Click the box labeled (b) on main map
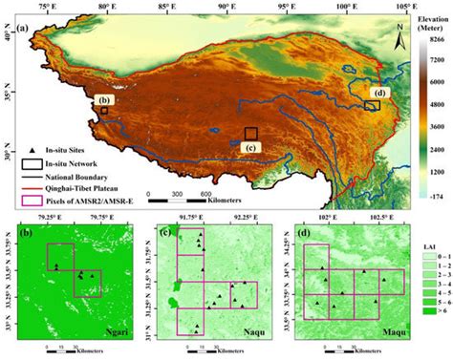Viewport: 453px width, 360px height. coord(103,111)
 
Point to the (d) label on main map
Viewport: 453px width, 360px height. coord(380,93)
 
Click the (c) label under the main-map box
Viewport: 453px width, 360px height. coord(250,146)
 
